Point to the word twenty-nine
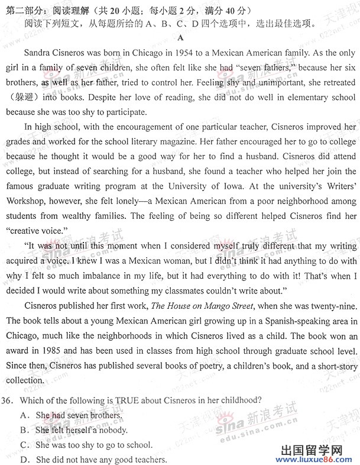[x=330, y=306]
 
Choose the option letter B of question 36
[x=25, y=430]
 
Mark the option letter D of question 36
[x=25, y=460]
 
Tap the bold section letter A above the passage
[x=180, y=38]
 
